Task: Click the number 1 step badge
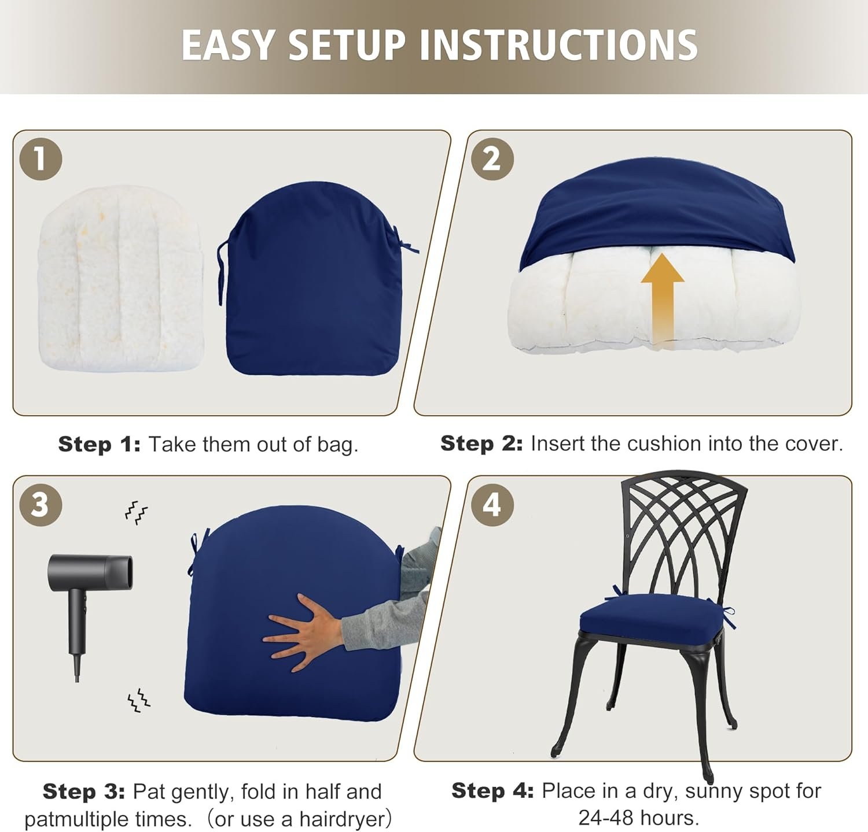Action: tap(41, 158)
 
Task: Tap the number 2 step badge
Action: tap(492, 158)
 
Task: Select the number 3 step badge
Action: tap(41, 504)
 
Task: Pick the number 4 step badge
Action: tap(492, 504)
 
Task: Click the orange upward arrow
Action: tap(663, 301)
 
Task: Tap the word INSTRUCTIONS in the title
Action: tap(558, 45)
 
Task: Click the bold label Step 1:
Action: tap(99, 444)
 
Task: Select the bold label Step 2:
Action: tap(481, 443)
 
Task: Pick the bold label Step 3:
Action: tap(84, 792)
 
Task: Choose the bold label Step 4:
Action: tap(492, 790)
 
